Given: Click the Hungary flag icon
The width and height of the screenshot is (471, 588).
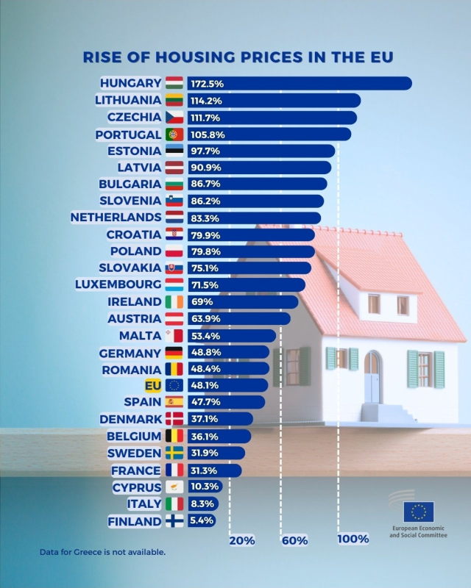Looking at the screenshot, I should tap(174, 83).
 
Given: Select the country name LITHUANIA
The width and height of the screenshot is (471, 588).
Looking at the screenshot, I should tap(128, 100).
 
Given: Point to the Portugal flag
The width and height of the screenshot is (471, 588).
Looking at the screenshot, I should tap(174, 135).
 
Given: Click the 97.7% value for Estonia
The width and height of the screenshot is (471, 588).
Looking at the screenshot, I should tap(205, 151).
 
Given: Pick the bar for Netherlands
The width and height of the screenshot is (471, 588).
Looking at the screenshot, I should tap(253, 218).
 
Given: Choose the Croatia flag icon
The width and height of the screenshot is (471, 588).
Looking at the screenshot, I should tap(174, 234).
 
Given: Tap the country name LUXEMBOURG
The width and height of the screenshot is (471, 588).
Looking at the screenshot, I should tap(118, 284).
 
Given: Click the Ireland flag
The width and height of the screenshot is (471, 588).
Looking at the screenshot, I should tap(174, 302).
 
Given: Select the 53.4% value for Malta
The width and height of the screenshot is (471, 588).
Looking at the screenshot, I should tap(205, 336).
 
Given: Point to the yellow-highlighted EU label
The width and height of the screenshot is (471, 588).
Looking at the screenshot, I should tap(153, 385).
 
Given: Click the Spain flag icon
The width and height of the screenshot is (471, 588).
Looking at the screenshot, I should tap(174, 402).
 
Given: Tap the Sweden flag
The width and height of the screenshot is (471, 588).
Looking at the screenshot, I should tap(174, 453).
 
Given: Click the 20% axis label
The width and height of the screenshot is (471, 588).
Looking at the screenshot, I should tap(242, 540).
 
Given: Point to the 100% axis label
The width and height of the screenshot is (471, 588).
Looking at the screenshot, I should tap(353, 539).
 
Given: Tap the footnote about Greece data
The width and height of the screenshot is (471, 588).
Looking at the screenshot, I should tap(102, 551).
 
